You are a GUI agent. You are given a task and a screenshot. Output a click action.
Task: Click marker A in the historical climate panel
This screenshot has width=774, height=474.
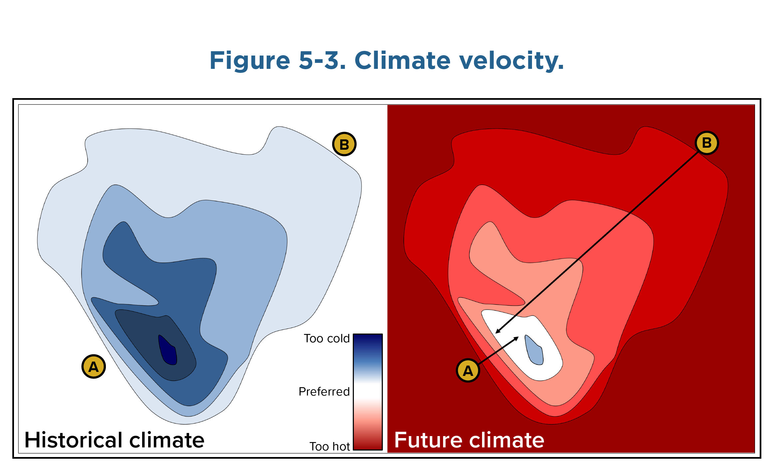tap(94, 367)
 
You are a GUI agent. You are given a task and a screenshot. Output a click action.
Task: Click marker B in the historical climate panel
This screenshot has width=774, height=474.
tap(344, 144)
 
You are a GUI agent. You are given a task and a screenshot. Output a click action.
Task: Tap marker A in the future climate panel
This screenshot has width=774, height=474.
tap(468, 370)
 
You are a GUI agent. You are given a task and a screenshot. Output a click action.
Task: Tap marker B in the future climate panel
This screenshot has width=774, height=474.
tap(706, 143)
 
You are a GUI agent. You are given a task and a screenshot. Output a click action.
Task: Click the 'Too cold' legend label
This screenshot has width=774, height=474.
tap(327, 338)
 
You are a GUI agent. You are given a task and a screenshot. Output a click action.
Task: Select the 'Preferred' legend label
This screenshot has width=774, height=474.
tap(324, 392)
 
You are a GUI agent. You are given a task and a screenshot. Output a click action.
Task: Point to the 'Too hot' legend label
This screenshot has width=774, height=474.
tap(330, 446)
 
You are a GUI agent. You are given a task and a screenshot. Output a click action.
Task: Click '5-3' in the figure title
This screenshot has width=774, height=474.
tap(322, 61)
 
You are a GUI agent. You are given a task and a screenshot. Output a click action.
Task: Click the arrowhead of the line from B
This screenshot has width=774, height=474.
tap(497, 332)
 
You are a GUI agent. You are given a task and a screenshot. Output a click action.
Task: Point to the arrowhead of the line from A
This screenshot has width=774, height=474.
tap(517, 338)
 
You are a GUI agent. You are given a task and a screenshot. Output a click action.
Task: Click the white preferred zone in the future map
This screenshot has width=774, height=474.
tap(546, 366)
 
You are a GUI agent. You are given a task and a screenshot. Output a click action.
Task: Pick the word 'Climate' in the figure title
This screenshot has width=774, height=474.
tap(402, 61)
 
